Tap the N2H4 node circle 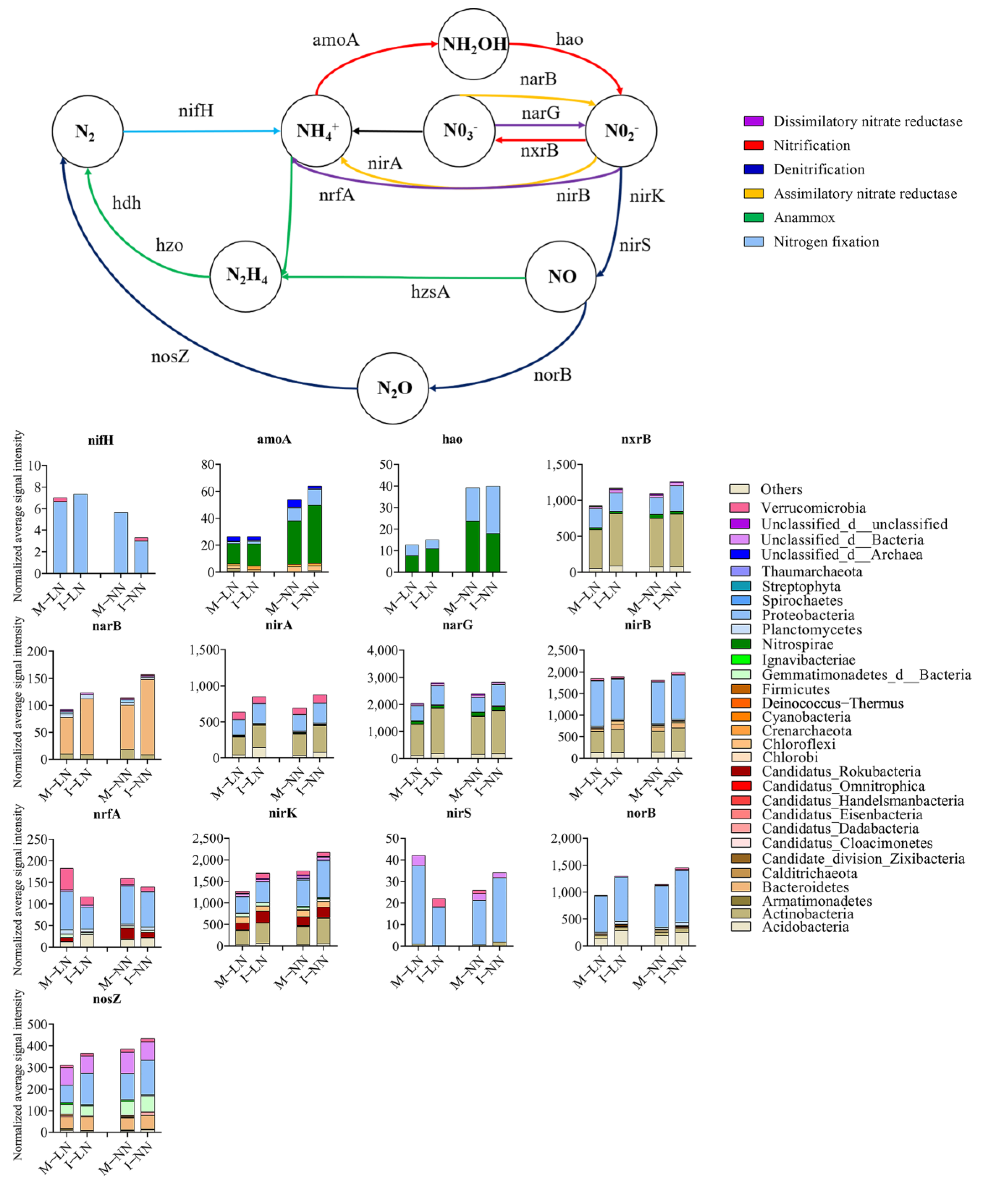click(246, 276)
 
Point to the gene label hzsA click(430, 292)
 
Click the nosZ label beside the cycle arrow click(170, 357)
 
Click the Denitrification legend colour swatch click(753, 169)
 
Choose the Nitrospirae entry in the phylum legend click(797, 644)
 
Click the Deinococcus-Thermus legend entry click(832, 703)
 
